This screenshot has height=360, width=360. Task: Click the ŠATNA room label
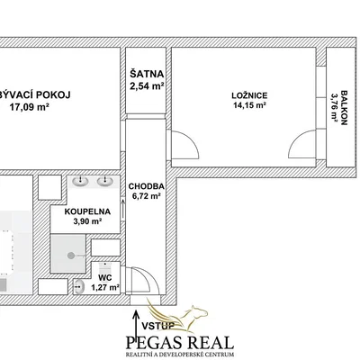(147, 74)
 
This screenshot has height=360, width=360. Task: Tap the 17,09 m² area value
(30, 107)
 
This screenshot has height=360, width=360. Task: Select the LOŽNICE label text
(249, 95)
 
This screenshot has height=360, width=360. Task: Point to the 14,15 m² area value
(250, 105)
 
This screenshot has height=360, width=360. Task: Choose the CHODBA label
(147, 186)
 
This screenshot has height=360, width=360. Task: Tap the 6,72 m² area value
(147, 196)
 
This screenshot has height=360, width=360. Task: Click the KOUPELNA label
(87, 211)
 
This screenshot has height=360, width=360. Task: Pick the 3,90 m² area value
(87, 221)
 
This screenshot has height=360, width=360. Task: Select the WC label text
(105, 278)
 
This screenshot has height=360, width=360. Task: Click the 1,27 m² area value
(105, 288)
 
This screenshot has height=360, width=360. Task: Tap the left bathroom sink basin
(80, 181)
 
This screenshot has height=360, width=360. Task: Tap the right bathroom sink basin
(105, 181)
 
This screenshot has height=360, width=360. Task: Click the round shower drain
(71, 256)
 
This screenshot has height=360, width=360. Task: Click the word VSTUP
(158, 326)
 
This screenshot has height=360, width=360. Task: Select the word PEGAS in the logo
(155, 343)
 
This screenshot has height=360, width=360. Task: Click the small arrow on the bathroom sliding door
(122, 208)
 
